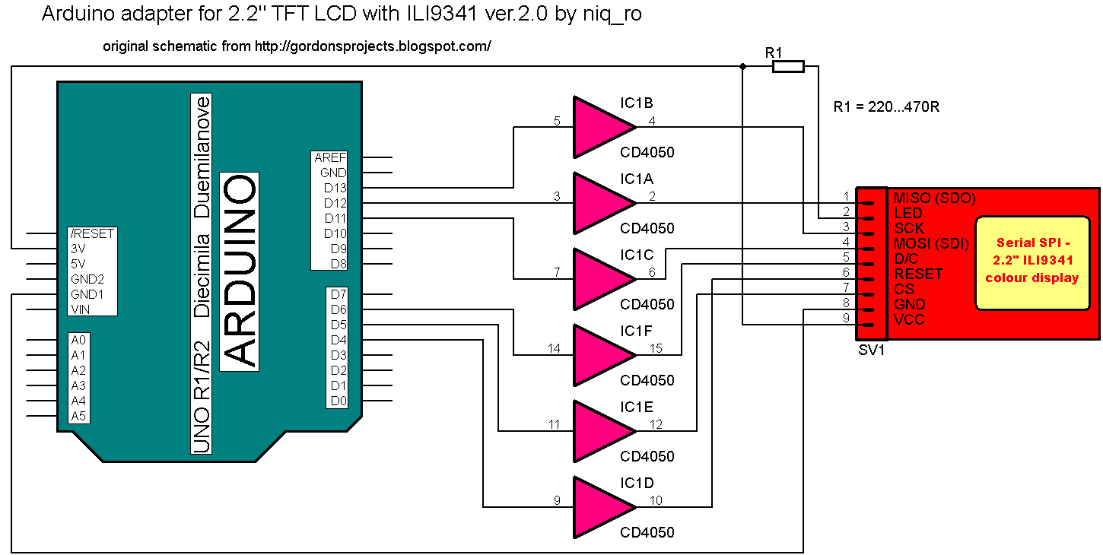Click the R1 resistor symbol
tap(788, 67)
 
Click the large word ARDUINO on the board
tap(239, 271)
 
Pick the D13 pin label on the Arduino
tap(335, 188)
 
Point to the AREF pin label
tap(331, 157)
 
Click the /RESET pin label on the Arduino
tap(92, 233)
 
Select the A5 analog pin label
tap(79, 416)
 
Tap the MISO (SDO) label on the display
tap(934, 198)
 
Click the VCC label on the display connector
tap(909, 319)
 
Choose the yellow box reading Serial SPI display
tap(1031, 262)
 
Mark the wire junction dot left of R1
tap(742, 67)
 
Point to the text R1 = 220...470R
tap(886, 107)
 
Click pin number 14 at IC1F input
tap(554, 348)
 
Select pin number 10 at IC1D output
tap(655, 500)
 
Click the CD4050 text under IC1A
tap(647, 229)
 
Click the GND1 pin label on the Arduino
tap(87, 294)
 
